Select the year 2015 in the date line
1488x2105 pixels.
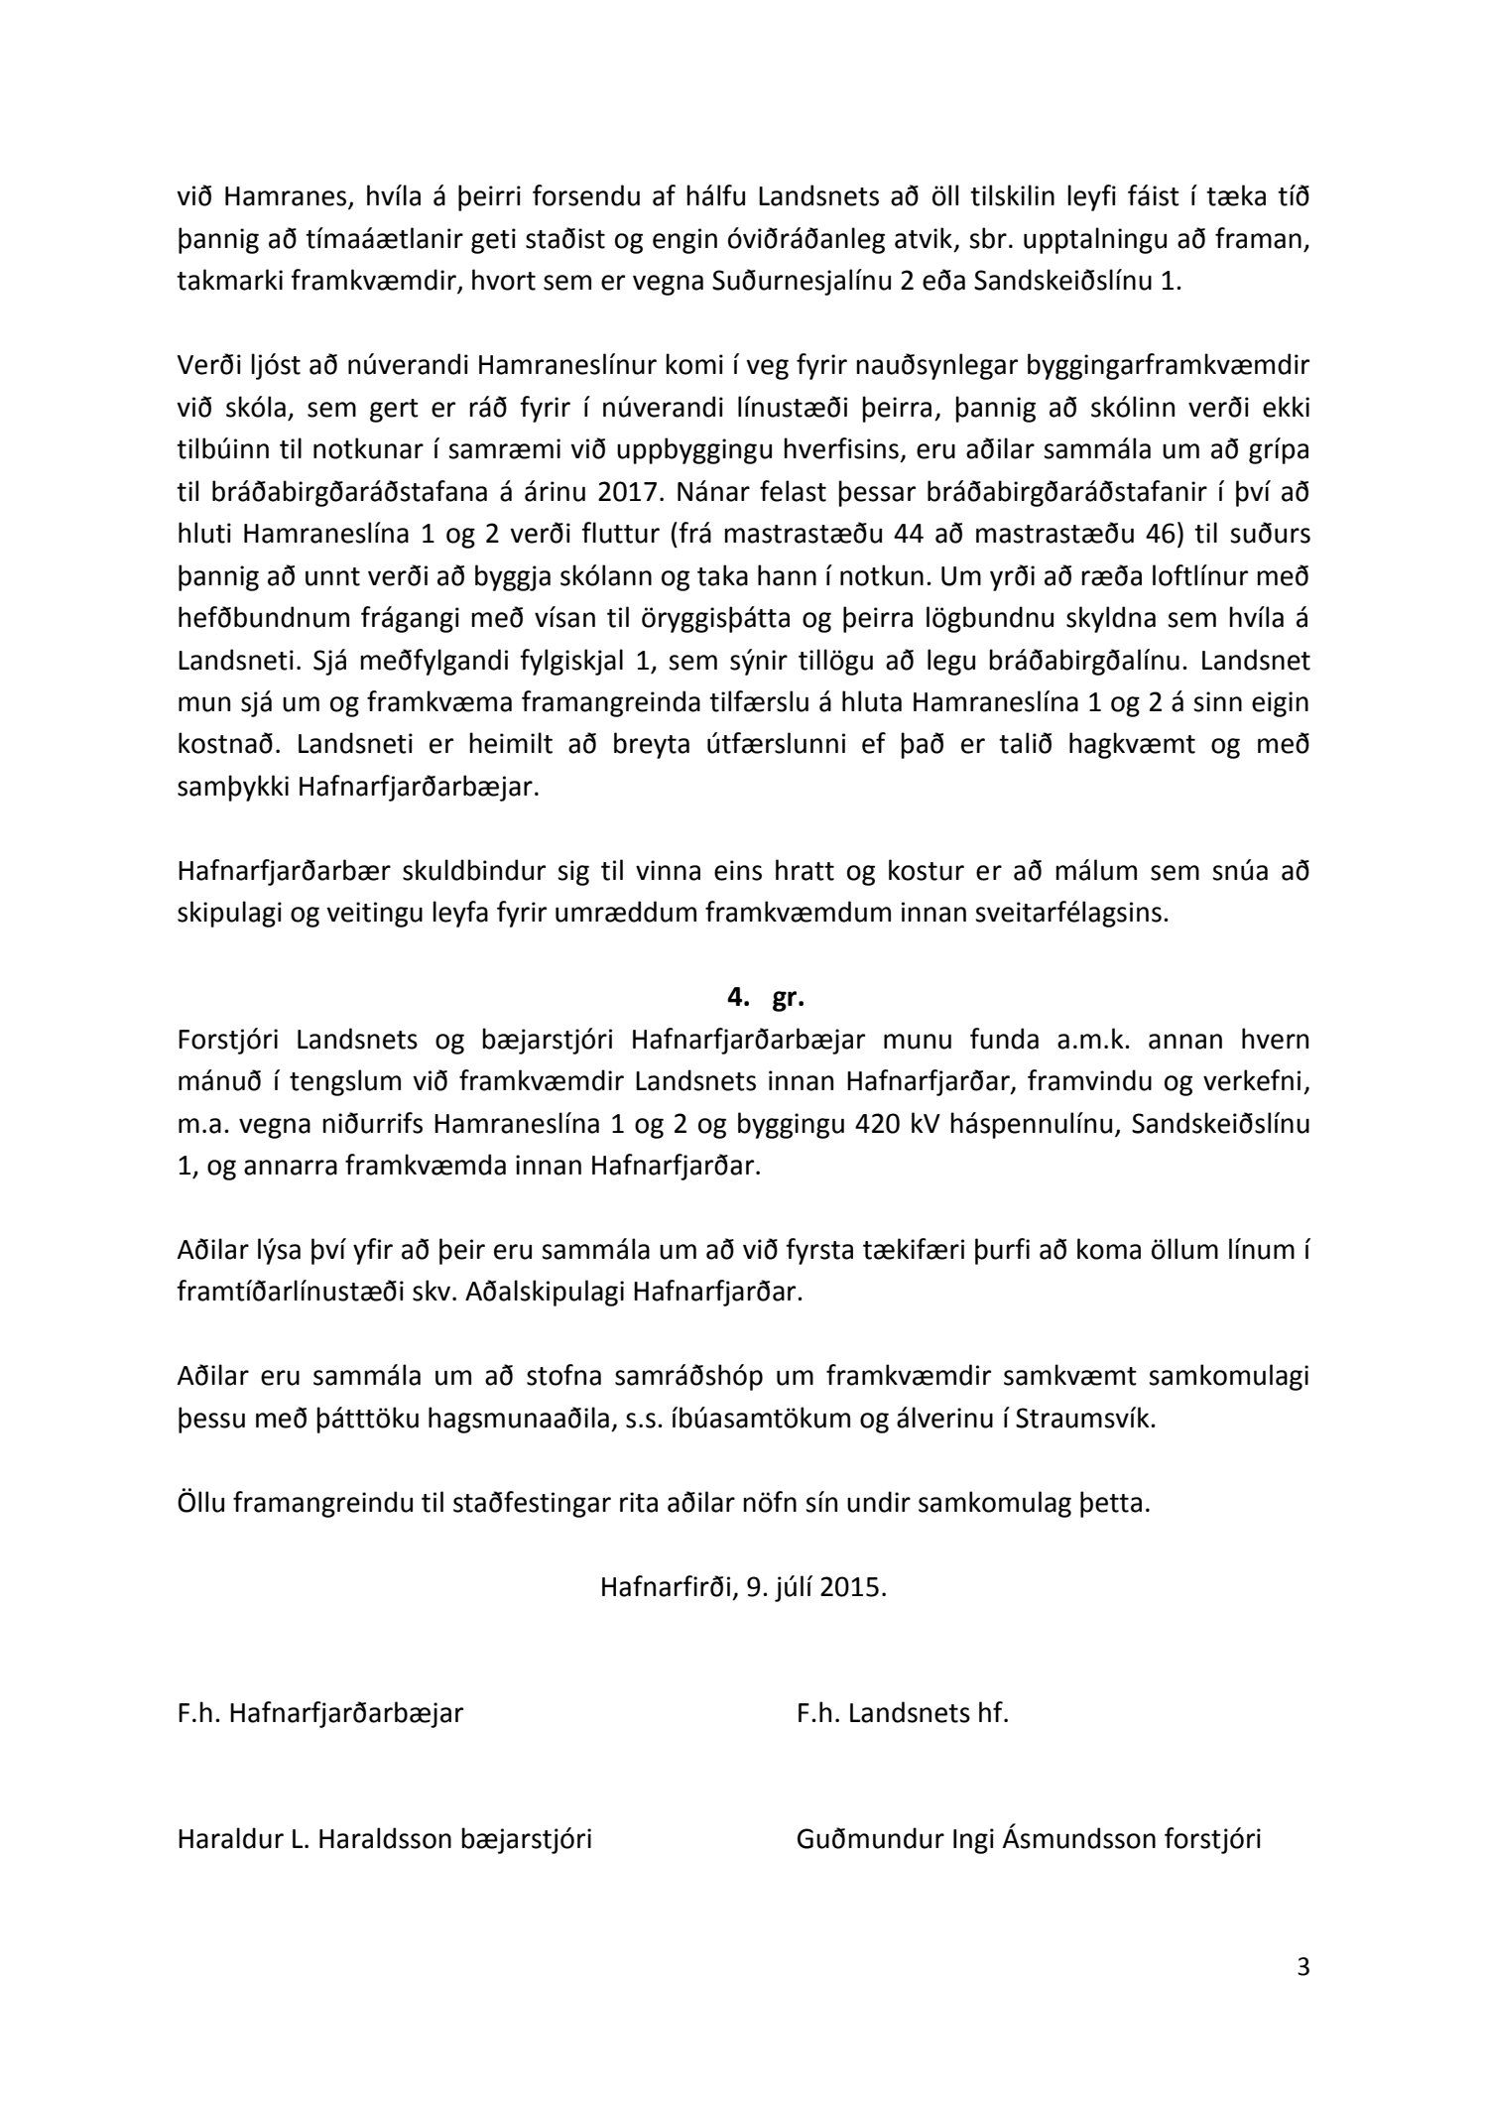pyautogui.click(x=852, y=1586)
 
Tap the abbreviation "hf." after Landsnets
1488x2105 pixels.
pyautogui.click(x=988, y=1713)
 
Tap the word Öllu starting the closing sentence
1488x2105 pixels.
pyautogui.click(x=202, y=1503)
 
